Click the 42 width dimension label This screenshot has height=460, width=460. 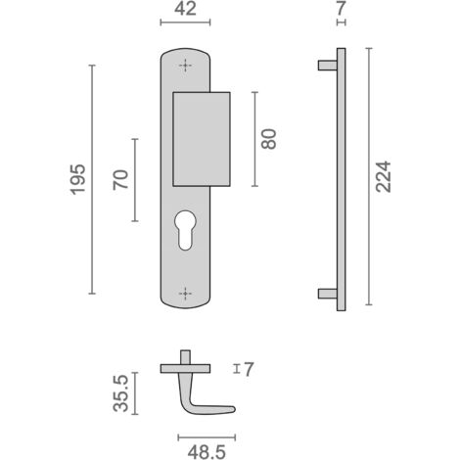[185, 9]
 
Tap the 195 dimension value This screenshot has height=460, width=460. [78, 180]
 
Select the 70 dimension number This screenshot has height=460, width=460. [120, 180]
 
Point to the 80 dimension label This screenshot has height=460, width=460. [269, 139]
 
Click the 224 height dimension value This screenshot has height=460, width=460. [383, 176]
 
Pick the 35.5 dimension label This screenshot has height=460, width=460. [120, 393]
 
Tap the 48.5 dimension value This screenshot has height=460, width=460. [207, 452]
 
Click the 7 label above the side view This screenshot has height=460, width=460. [341, 9]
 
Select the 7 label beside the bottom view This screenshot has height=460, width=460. [249, 369]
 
